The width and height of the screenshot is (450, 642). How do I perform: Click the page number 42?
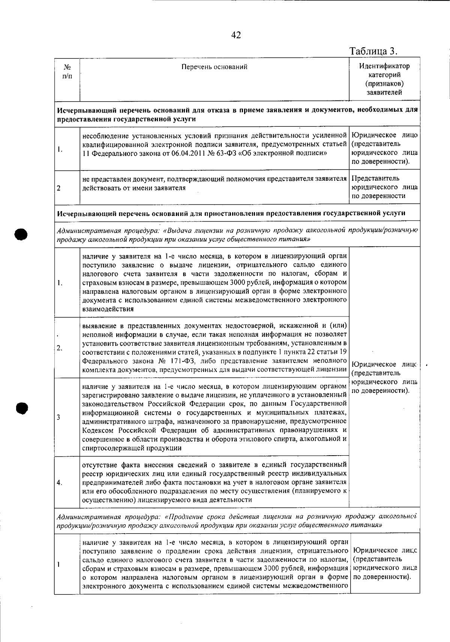(x=236, y=35)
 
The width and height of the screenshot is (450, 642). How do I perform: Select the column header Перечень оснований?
(x=214, y=67)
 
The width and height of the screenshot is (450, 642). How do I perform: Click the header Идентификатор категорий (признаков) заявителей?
(x=384, y=79)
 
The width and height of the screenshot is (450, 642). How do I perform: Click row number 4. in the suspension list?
(x=60, y=482)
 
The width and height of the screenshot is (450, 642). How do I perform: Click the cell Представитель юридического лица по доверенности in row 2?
(x=384, y=187)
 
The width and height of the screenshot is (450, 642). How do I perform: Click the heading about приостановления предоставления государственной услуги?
(x=231, y=213)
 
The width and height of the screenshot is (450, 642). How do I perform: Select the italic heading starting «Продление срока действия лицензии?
(x=237, y=521)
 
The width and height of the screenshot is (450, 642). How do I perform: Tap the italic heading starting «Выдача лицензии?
(x=237, y=234)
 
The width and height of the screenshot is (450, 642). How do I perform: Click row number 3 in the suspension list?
(x=59, y=417)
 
